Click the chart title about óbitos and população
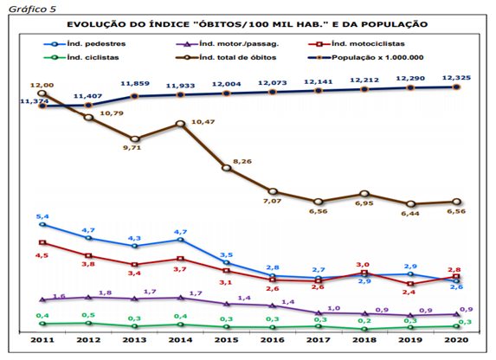click(247, 24)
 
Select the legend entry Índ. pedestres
click(85, 44)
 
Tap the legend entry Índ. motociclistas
click(357, 44)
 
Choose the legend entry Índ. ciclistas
click(81, 58)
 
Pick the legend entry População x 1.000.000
click(366, 58)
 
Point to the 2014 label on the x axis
click(180, 340)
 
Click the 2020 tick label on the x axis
click(456, 340)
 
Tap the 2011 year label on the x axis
click(42, 340)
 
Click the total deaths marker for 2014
click(180, 124)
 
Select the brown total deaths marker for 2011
click(42, 93)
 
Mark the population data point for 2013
click(134, 96)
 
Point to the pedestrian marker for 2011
click(42, 225)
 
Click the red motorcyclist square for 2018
click(364, 273)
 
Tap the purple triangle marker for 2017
click(319, 313)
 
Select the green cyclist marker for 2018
click(364, 329)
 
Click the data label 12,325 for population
click(456, 78)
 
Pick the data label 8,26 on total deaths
click(242, 161)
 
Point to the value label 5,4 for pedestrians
click(42, 216)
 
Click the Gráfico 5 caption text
click(32, 10)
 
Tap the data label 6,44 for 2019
click(410, 214)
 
